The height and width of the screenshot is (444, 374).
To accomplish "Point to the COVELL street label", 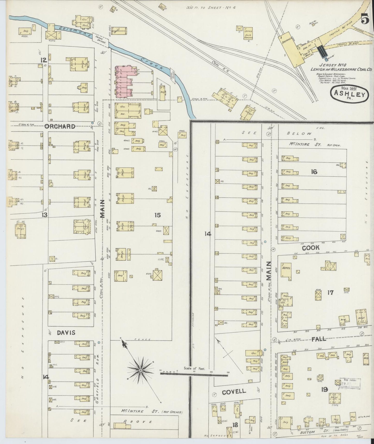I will [234, 391].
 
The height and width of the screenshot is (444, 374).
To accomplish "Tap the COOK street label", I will [311, 248].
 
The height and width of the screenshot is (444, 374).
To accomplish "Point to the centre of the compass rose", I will [140, 371].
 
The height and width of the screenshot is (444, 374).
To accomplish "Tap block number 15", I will [157, 215].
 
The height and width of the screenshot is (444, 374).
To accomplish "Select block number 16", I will [314, 171].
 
